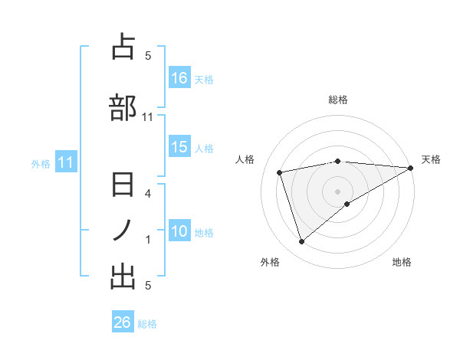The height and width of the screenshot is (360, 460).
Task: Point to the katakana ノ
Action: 123,231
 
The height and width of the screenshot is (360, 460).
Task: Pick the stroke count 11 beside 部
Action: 148,117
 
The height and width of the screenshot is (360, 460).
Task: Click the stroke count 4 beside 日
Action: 148,194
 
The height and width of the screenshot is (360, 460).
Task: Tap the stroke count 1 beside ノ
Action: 148,240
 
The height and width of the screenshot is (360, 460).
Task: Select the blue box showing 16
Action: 179,78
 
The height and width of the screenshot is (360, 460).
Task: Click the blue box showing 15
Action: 179,148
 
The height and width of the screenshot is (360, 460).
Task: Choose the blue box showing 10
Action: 179,231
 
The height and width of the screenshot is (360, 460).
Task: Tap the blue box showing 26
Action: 123,322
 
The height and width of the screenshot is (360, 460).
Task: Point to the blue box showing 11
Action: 65,162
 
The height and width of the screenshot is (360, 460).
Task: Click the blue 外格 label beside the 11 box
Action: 41,163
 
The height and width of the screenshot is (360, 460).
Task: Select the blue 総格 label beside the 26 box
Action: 147,323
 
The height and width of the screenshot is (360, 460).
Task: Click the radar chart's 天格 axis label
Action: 431,159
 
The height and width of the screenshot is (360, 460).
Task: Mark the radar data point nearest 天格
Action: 411,168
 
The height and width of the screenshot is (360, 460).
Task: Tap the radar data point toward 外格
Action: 301,242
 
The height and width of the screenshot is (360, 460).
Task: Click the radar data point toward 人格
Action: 281,172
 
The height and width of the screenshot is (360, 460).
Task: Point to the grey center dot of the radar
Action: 337,191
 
